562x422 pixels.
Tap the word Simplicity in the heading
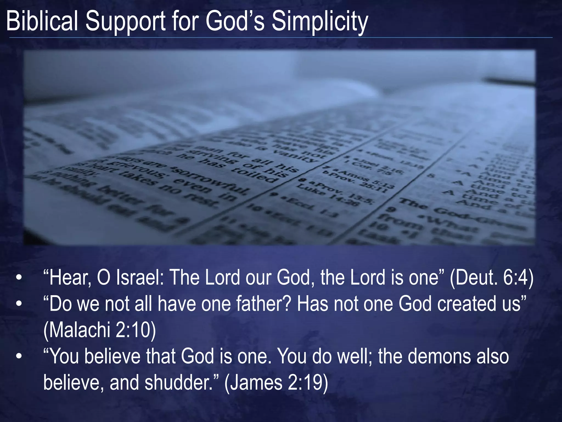320,22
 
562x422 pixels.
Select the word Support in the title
125,22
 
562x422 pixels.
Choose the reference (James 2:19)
276,383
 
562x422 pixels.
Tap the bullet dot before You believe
19,357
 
